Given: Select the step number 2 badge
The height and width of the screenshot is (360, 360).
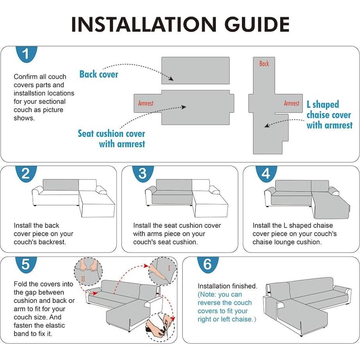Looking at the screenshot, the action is click(26, 174).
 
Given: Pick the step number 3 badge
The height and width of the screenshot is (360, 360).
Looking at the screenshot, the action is click(143, 174).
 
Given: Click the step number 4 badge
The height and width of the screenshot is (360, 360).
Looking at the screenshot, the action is click(266, 174).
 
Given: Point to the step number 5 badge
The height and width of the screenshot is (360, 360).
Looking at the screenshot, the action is click(26, 265).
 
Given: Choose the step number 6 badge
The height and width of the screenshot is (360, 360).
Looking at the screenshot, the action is click(208, 265).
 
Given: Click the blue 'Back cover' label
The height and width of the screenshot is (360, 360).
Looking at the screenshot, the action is click(99, 74).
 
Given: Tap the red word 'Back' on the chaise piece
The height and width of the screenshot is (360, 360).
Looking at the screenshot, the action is click(264, 64).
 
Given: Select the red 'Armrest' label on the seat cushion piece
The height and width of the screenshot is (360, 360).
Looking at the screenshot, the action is click(145, 103).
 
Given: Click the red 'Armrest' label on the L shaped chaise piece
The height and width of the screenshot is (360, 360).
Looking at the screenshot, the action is click(291, 103).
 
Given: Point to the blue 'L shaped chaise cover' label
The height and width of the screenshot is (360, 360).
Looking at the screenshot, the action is click(329, 115).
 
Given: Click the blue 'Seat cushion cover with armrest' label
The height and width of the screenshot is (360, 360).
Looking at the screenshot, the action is click(111, 138).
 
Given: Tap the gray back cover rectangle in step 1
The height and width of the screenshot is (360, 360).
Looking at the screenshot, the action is click(195, 70).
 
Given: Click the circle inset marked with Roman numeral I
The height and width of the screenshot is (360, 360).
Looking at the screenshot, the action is click(163, 271).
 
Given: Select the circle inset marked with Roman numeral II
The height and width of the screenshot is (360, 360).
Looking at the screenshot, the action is click(88, 271).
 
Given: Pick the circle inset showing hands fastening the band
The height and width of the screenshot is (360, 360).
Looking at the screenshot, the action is click(160, 328).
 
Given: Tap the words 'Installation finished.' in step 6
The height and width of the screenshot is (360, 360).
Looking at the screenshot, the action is click(227, 286).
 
